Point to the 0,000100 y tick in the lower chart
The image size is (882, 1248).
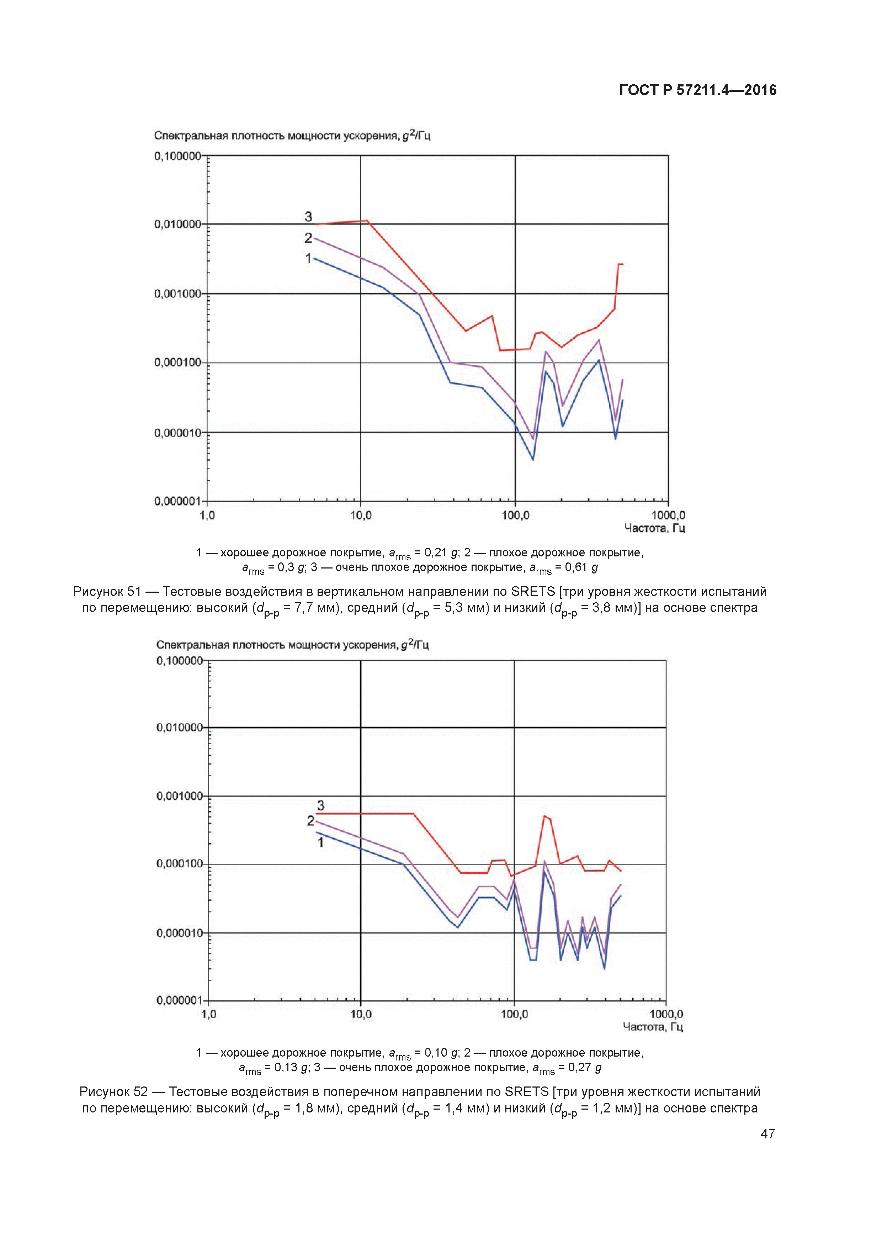pyautogui.click(x=179, y=864)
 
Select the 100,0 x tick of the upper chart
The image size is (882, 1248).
pyautogui.click(x=515, y=515)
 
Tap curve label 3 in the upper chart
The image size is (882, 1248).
pyautogui.click(x=308, y=217)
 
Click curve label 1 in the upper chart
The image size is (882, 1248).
pyautogui.click(x=308, y=259)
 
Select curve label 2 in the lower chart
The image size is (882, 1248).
pyautogui.click(x=310, y=821)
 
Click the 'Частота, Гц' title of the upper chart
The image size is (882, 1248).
pyautogui.click(x=654, y=528)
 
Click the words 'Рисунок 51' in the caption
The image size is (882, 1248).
pyautogui.click(x=106, y=591)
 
